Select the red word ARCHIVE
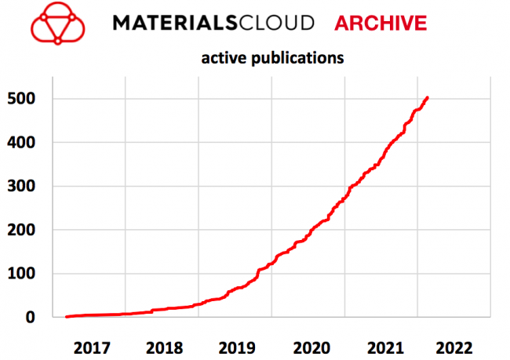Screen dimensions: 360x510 [x=379, y=23]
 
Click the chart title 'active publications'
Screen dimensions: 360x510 [x=272, y=58]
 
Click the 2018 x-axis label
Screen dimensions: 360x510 [x=162, y=346]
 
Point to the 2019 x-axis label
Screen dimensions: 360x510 [x=235, y=346]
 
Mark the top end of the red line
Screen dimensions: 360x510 [x=427, y=98]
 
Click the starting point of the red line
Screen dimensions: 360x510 [x=67, y=317]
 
